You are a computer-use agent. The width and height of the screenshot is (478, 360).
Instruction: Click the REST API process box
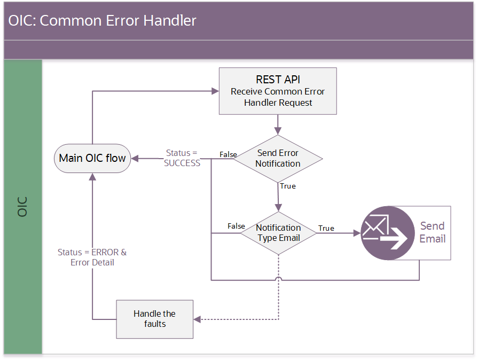(278, 91)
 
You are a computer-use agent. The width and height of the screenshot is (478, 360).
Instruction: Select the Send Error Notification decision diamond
(278, 159)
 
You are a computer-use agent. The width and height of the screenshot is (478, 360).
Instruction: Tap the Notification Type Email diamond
(278, 233)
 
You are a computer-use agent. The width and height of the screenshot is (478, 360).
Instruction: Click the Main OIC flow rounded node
(92, 159)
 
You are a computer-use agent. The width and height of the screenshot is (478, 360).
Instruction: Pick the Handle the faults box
(154, 319)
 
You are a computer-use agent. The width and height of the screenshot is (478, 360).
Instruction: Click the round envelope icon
(387, 233)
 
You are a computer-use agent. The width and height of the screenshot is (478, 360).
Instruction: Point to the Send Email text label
(432, 232)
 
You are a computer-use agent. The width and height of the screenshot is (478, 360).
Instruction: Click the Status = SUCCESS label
(182, 158)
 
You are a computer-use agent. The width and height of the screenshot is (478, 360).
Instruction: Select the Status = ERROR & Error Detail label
(92, 257)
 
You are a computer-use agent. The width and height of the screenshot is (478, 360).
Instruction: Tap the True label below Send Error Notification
(288, 186)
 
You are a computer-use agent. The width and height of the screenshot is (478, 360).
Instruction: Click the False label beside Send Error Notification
(228, 154)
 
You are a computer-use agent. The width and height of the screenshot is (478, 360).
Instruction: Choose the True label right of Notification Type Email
(326, 228)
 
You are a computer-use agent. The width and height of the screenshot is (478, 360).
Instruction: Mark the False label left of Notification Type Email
(236, 226)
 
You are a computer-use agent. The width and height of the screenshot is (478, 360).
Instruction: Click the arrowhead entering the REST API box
(215, 91)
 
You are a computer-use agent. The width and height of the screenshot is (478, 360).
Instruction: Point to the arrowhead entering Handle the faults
(197, 319)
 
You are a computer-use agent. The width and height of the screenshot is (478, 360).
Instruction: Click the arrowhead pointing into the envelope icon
(357, 233)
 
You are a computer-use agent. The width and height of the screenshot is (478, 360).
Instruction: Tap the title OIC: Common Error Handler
(102, 21)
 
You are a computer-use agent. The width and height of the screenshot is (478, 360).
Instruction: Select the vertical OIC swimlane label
(22, 207)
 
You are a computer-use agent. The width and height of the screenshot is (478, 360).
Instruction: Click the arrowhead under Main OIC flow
(92, 177)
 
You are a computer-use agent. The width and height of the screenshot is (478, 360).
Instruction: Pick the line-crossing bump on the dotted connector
(278, 278)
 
